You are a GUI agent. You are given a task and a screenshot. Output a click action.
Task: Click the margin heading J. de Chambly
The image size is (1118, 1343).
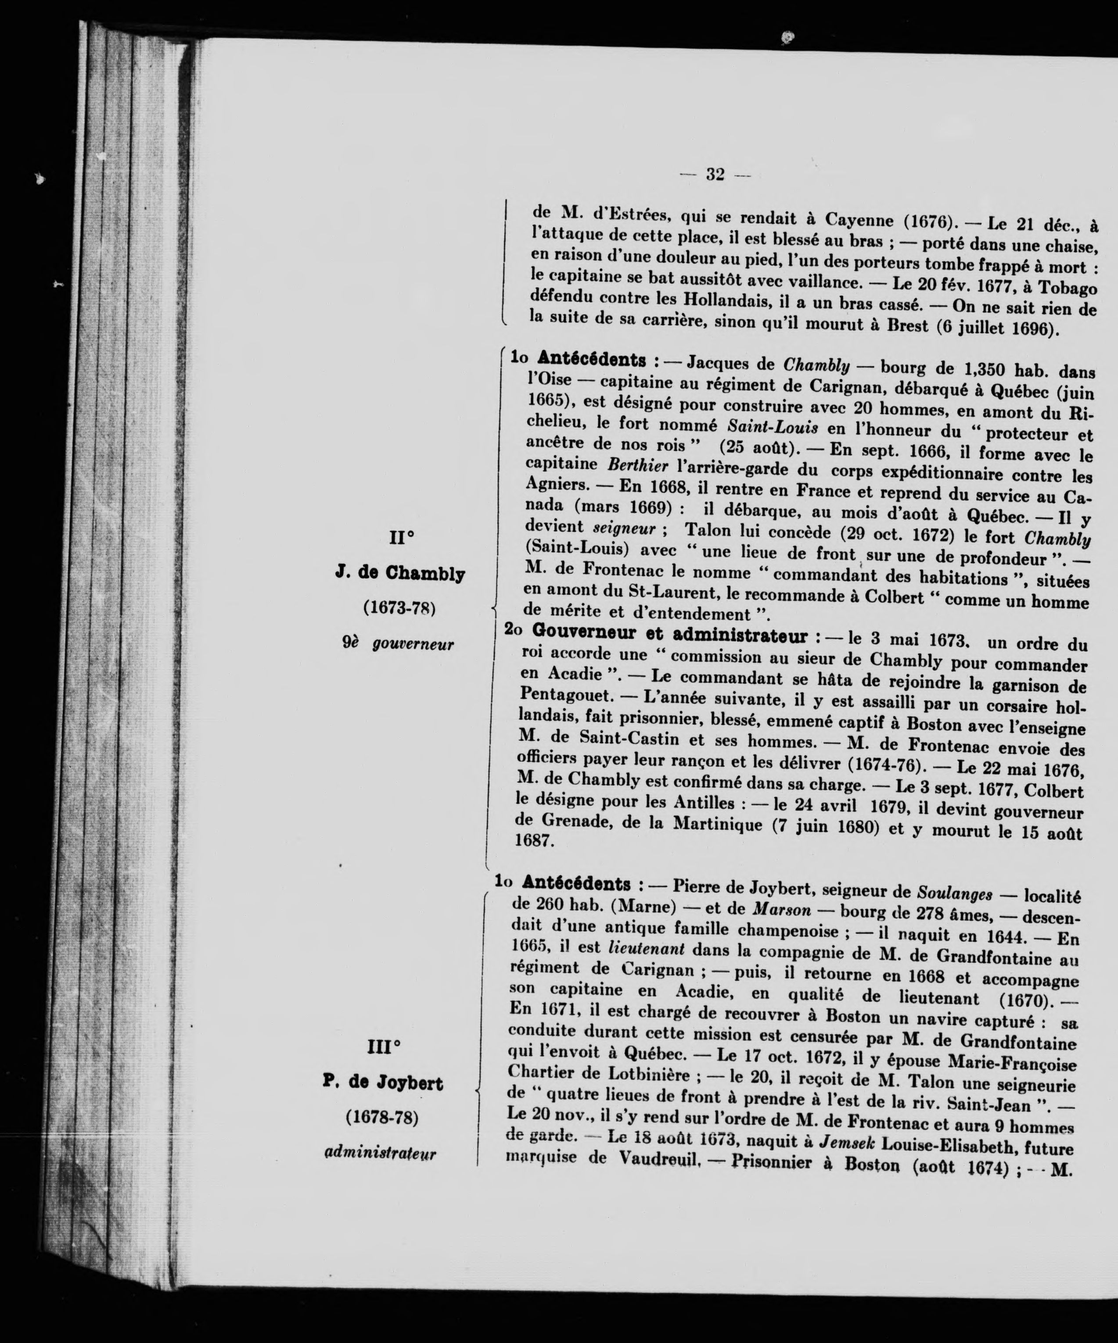pos(400,573)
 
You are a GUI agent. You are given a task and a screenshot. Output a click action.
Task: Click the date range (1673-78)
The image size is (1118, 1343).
pos(399,607)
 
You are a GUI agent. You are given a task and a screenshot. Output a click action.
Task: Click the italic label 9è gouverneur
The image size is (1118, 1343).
pos(398,643)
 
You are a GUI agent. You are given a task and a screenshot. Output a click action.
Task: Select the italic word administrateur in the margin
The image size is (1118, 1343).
pos(380,1153)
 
